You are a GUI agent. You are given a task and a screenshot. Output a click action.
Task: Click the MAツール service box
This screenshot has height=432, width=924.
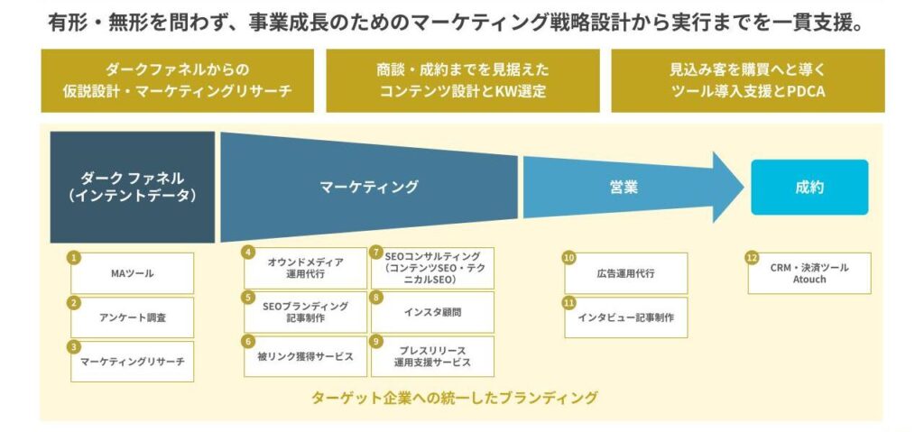coord(132,273)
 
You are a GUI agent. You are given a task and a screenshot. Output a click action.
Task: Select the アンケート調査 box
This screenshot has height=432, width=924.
coord(132,317)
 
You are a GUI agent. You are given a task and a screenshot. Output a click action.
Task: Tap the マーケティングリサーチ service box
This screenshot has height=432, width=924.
coord(132,362)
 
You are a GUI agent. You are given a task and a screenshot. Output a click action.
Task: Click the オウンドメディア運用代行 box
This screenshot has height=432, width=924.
coord(305,267)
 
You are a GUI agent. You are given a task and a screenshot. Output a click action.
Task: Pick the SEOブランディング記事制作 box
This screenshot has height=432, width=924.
coord(305,312)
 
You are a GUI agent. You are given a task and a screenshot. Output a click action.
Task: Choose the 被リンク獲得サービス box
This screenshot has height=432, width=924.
coord(305,356)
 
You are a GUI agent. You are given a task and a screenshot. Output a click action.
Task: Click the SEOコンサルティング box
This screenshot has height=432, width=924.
coord(433,267)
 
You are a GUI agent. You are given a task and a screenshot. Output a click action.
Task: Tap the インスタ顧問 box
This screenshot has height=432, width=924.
coord(433,312)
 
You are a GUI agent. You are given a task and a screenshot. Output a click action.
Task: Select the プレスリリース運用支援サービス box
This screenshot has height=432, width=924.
coord(433,356)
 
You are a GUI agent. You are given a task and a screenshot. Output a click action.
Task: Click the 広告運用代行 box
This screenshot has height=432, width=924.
coord(626,273)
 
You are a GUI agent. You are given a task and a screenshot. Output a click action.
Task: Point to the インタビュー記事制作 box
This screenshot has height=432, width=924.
coord(626,317)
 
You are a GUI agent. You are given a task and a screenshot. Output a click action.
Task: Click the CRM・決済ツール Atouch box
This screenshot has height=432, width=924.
coord(809,273)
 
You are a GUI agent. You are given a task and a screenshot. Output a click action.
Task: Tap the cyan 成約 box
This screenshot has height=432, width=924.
coord(809,188)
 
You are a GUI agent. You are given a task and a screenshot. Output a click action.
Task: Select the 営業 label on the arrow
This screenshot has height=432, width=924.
coord(623,188)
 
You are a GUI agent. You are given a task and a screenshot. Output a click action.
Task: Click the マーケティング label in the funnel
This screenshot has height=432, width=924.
coord(369,187)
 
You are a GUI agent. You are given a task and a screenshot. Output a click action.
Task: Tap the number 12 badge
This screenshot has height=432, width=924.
coord(751,257)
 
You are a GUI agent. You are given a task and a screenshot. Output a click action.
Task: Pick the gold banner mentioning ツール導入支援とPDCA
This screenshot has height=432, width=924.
coord(747,80)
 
